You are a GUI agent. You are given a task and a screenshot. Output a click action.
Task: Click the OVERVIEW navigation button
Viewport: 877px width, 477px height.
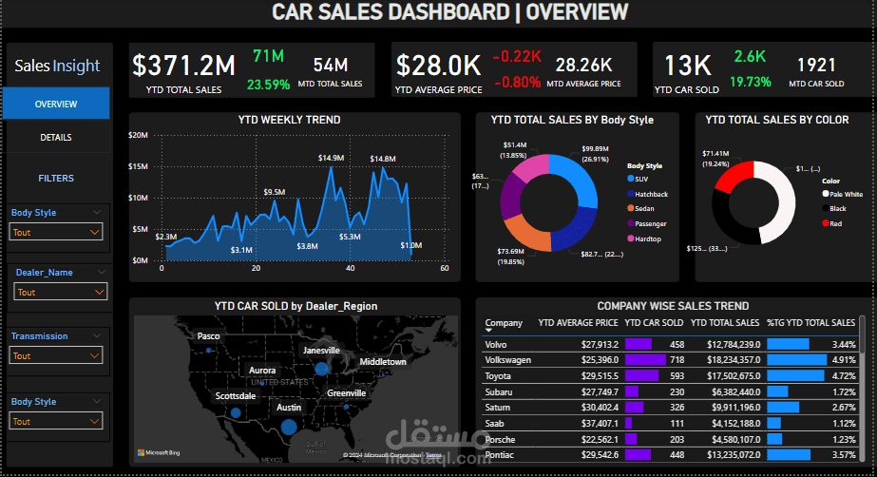(x=56, y=104)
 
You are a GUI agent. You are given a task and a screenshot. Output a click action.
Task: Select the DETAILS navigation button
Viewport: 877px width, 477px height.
(x=56, y=138)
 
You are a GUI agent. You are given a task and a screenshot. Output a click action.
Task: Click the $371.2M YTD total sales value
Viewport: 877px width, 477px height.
(x=183, y=66)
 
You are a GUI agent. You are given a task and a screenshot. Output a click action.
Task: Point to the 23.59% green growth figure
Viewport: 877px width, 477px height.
(x=268, y=84)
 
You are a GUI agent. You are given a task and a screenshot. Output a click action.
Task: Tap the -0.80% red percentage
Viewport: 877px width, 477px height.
(x=516, y=82)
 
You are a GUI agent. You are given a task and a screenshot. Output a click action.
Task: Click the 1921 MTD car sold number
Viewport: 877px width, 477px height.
(x=816, y=66)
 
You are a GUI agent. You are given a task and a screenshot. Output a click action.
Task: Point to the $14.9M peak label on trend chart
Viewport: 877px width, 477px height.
(x=331, y=158)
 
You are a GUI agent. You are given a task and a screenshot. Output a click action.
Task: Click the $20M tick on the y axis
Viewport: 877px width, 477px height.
(x=139, y=135)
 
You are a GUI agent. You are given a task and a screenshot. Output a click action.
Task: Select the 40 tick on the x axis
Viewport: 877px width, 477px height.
(x=350, y=269)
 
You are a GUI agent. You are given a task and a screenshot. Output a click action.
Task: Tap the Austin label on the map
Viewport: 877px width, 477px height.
(x=289, y=407)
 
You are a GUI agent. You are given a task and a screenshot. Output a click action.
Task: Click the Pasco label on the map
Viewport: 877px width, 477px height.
(x=208, y=336)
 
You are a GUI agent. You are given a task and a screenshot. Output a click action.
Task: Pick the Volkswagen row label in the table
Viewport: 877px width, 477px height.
(x=507, y=360)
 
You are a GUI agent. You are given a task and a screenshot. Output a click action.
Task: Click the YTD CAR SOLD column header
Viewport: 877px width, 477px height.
(x=654, y=322)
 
